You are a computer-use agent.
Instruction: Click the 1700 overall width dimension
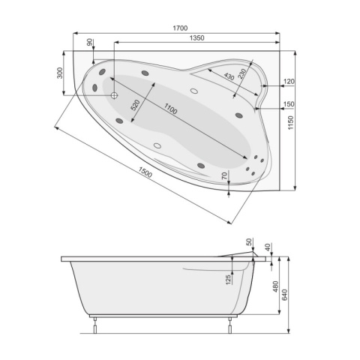[x=179, y=28]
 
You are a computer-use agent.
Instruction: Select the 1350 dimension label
[x=196, y=38]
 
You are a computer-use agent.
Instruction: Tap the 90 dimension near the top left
[x=91, y=43]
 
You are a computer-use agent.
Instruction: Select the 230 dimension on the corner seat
[x=242, y=76]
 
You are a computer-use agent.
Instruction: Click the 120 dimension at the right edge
[x=289, y=82]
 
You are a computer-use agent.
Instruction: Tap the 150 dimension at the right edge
[x=289, y=104]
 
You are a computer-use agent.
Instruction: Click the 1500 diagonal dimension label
[x=145, y=174]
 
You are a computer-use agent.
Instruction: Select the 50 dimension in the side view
[x=249, y=241]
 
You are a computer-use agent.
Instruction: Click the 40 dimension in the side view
[x=268, y=247]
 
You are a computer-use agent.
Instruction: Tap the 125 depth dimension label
[x=227, y=280]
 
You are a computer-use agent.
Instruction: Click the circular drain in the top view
[x=114, y=95]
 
